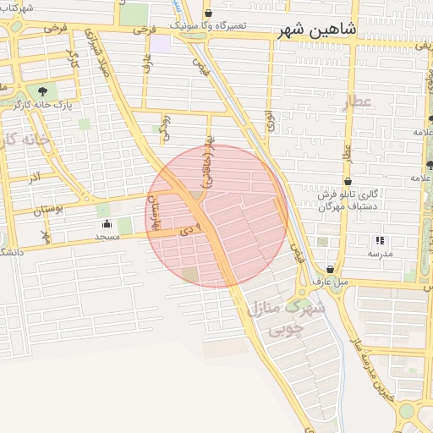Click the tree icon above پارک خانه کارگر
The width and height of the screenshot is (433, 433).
click(x=41, y=90)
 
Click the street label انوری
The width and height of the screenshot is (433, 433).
click(x=270, y=121)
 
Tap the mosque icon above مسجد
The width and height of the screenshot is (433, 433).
click(x=107, y=224)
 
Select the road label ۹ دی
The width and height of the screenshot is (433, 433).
click(x=194, y=228)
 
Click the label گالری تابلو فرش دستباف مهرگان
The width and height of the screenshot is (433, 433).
click(x=348, y=200)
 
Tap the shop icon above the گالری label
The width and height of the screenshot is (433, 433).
click(x=348, y=181)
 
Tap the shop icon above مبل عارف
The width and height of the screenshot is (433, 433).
click(x=329, y=269)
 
